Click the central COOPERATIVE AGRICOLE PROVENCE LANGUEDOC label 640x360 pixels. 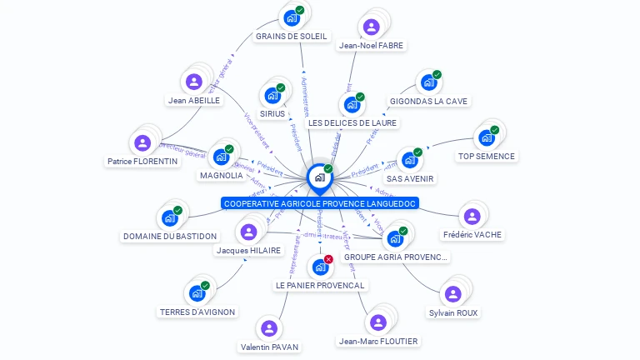[x=320, y=203]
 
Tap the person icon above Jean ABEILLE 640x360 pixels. [x=194, y=82]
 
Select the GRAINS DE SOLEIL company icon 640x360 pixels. [x=292, y=18]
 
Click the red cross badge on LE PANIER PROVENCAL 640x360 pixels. [x=328, y=259]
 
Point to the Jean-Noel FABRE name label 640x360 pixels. [x=372, y=46]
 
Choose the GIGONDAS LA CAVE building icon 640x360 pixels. [x=428, y=82]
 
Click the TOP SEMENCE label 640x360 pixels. [x=487, y=156]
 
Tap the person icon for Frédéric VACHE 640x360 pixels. [x=472, y=217]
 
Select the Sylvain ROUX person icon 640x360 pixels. [x=452, y=294]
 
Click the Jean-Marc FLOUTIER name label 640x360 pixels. [x=378, y=341]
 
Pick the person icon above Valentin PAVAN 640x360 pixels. [x=269, y=328]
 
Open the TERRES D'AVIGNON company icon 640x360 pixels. [x=197, y=293]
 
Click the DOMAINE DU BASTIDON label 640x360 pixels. [x=170, y=237]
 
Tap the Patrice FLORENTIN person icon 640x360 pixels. [x=142, y=142]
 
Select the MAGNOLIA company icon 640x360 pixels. [x=221, y=157]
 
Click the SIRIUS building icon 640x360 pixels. [x=272, y=96]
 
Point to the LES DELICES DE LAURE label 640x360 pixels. [x=352, y=123]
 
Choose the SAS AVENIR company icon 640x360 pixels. [x=409, y=160]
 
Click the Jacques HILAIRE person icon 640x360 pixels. [x=248, y=232]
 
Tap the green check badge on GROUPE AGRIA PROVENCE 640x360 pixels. [x=403, y=231]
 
